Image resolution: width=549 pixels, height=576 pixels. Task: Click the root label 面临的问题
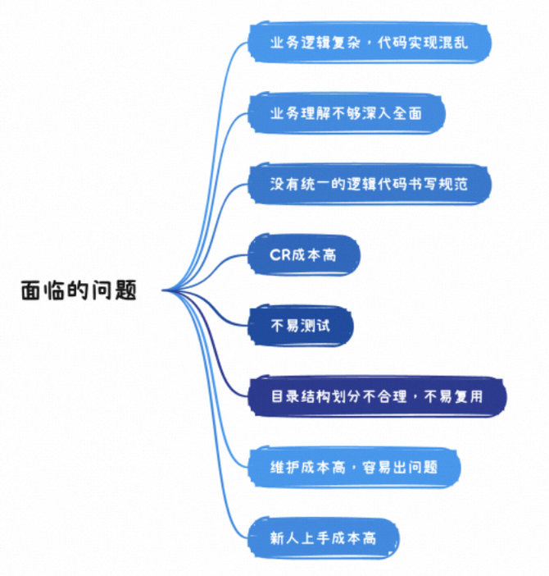click(x=79, y=290)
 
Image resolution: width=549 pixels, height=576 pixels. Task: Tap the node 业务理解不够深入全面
click(x=346, y=113)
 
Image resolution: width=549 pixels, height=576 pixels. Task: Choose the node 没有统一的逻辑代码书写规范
click(x=369, y=184)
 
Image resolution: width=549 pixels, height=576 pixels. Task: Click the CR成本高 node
click(x=303, y=255)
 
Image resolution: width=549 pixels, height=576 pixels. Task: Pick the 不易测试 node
click(x=301, y=326)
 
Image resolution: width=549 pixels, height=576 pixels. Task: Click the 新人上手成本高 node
click(x=323, y=538)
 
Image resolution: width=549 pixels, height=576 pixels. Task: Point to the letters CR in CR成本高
click(x=279, y=255)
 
